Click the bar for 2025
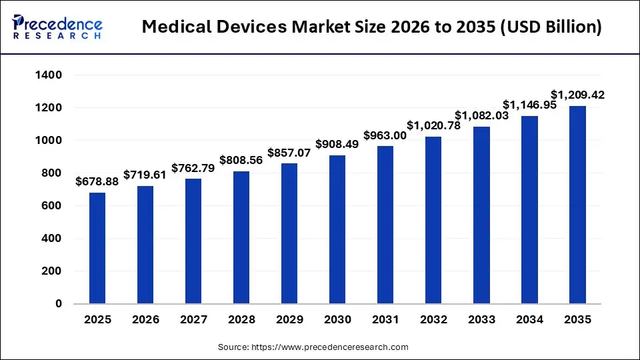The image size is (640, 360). coord(97,248)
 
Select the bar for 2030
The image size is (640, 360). coord(337,229)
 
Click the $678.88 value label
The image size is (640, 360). coord(97,181)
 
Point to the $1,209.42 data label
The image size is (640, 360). coord(577,95)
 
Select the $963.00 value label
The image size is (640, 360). coord(385,135)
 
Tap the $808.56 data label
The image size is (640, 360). coord(241,160)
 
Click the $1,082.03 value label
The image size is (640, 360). coord(481,115)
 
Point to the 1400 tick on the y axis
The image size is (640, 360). coord(49,75)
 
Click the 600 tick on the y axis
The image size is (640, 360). coord(53,206)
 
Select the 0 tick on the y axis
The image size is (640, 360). coord(59,304)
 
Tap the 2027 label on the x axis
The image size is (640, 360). coord(193,320)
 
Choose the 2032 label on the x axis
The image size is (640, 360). coord(433,320)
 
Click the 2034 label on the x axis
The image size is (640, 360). coord(529,320)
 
